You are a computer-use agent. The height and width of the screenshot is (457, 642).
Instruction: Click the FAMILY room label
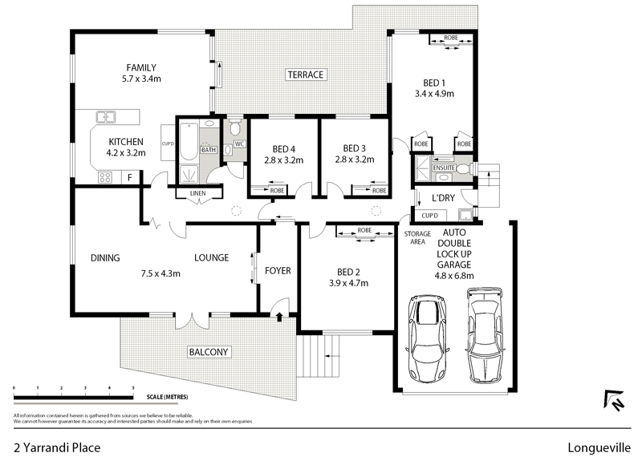tap(140, 68)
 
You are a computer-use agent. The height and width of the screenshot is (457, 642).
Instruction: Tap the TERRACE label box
tap(305, 75)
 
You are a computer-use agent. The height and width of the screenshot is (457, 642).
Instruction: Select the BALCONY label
tap(209, 352)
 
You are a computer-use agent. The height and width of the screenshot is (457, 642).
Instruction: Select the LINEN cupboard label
tap(197, 193)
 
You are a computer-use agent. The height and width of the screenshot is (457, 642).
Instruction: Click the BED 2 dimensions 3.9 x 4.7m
tap(347, 283)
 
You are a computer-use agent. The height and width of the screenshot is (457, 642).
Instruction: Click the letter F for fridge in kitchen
tap(129, 177)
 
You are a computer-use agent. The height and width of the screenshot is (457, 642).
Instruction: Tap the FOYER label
tap(278, 271)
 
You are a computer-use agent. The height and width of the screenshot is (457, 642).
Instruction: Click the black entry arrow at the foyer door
tap(278, 317)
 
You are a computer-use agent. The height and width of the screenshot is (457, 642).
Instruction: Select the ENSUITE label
tap(442, 168)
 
